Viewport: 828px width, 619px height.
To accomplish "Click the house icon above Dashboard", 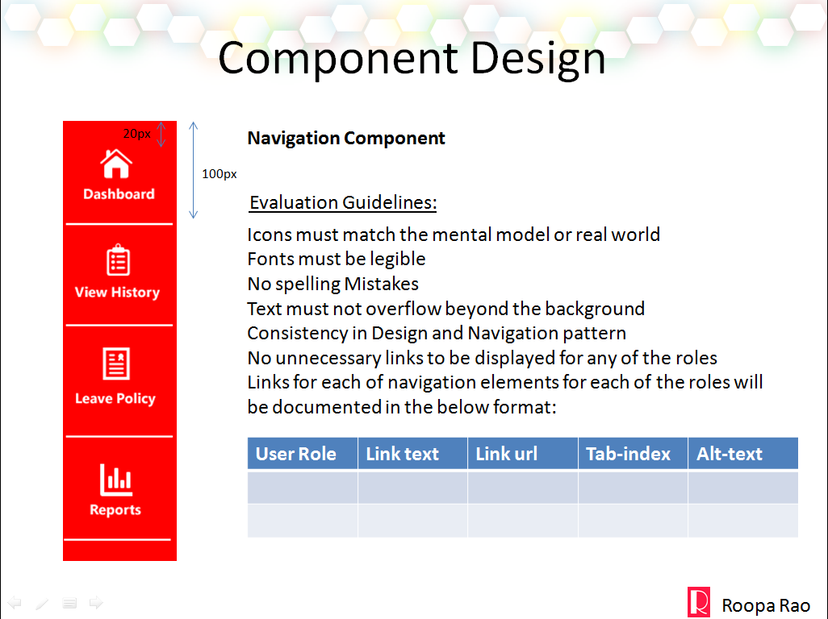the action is tap(116, 164).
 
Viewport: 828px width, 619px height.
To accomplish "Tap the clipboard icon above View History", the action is tap(119, 260).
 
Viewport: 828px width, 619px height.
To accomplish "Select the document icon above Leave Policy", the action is tap(116, 364).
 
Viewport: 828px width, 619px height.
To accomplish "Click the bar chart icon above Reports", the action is tap(116, 480).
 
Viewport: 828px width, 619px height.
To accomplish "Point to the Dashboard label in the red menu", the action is tap(119, 194).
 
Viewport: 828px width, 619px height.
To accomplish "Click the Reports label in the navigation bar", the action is tap(115, 510).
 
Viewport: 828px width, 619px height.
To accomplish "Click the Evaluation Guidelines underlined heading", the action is tap(343, 203).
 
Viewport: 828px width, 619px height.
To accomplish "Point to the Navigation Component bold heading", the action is tap(346, 138).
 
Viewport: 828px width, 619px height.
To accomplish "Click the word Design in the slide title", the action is tap(537, 59).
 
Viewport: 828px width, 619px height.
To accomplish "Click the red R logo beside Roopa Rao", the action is tap(699, 601).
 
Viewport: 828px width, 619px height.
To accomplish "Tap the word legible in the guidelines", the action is tap(398, 260).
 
